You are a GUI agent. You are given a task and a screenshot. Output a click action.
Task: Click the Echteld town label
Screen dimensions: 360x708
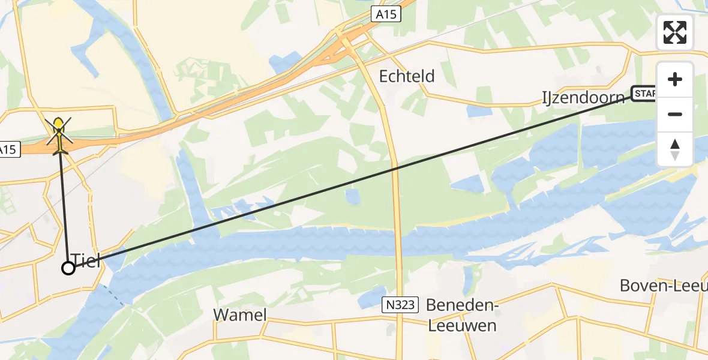pos(407,77)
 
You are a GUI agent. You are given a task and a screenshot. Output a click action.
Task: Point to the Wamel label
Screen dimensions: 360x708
pos(239,315)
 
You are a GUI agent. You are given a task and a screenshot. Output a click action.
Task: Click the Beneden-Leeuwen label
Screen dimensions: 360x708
pos(461,315)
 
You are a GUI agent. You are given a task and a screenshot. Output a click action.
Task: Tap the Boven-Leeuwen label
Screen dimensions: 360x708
pos(663,286)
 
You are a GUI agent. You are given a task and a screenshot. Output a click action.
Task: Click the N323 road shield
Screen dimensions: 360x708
pos(398,305)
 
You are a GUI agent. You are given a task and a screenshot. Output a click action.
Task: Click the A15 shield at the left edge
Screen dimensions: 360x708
pos(8,149)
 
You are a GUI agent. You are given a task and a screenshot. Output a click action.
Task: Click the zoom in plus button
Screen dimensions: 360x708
pos(675,79)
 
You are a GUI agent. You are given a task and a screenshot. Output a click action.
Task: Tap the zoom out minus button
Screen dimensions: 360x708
pos(675,114)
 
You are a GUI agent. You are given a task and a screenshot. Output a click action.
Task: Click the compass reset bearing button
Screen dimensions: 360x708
pos(675,149)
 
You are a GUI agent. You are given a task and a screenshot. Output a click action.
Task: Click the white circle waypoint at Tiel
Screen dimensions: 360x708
pos(68,268)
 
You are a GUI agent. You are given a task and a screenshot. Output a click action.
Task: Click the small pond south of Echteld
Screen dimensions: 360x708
pos(354,197)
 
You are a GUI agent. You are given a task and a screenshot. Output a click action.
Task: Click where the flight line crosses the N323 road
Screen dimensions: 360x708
pos(395,169)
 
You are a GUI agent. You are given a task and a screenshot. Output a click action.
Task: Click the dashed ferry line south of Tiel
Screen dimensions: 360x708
pos(114,296)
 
